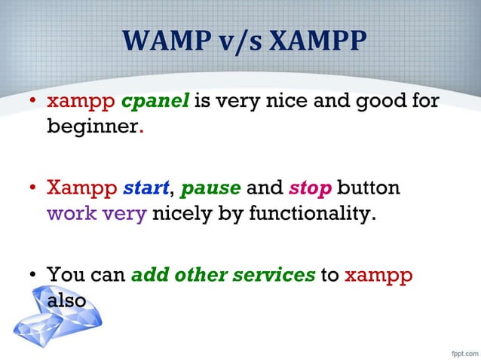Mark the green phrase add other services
pyautogui.click(x=223, y=276)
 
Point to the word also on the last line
pyautogui.click(x=66, y=300)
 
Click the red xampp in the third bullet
pyautogui.click(x=378, y=276)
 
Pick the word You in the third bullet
pyautogui.click(x=63, y=276)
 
